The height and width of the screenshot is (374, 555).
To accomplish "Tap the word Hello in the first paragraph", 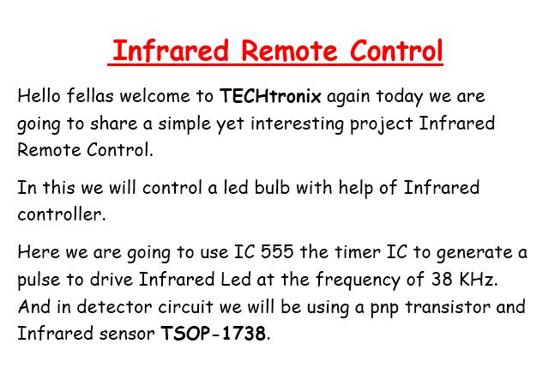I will (39, 95).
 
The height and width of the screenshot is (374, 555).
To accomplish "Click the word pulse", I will (39, 280).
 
